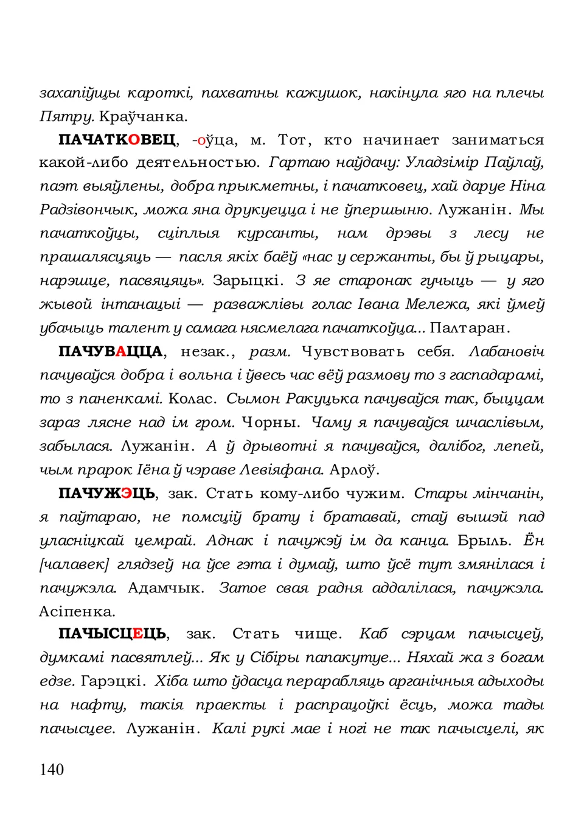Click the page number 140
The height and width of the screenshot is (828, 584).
pos(52,770)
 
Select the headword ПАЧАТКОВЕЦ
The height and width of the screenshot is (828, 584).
pos(117,140)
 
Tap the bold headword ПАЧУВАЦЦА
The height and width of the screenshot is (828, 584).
pos(110,352)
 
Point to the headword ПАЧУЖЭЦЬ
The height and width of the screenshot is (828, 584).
pos(106,493)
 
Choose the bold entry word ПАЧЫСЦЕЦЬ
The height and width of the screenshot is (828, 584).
pos(113,634)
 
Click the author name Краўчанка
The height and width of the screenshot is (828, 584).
pos(144,116)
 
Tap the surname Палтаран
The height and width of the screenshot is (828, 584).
pos(468,328)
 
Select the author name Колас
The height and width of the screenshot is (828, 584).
pos(191,399)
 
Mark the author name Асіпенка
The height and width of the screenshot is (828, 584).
pos(77,611)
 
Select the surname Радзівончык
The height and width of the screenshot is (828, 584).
pos(89,210)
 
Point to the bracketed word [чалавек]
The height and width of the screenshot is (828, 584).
pos(74,564)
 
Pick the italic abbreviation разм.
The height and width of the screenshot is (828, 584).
pos(269,352)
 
